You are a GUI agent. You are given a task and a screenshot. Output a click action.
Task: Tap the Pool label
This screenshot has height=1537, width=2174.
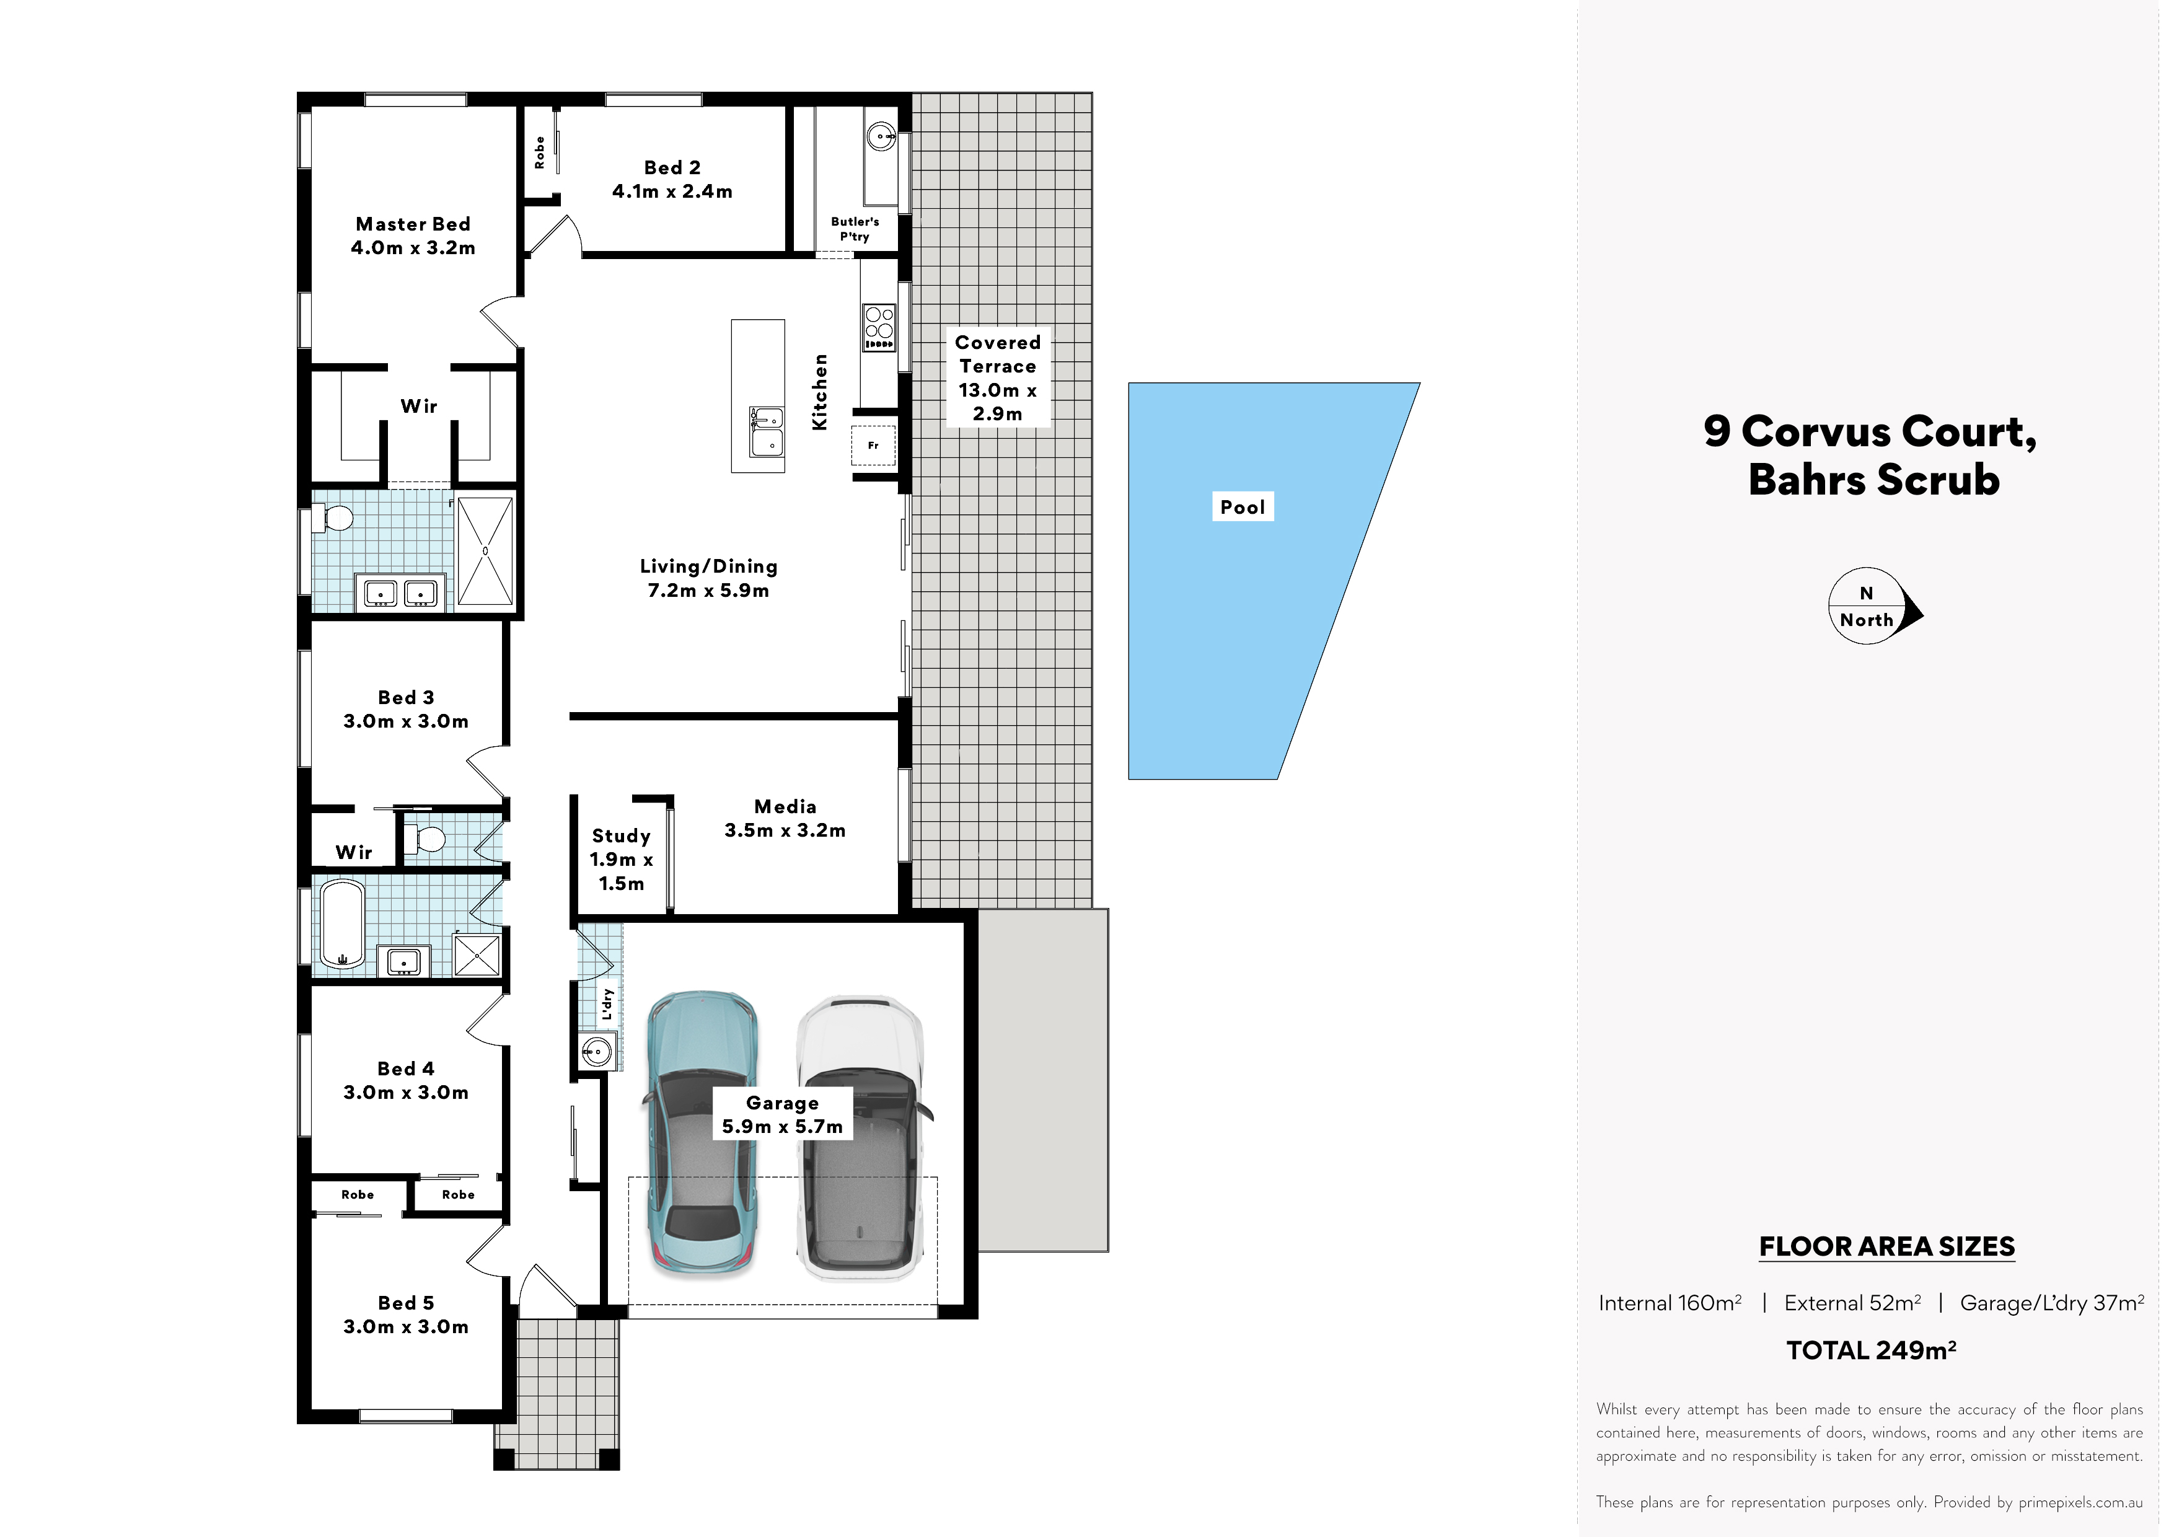(1243, 506)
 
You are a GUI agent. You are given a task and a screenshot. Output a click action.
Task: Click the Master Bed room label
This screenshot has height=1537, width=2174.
(413, 236)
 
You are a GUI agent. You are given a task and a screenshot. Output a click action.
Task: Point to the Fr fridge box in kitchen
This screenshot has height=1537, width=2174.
(873, 445)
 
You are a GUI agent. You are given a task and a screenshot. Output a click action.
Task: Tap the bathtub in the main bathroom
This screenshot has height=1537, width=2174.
(342, 923)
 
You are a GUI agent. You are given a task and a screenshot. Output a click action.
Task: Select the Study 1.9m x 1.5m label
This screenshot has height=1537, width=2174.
(621, 859)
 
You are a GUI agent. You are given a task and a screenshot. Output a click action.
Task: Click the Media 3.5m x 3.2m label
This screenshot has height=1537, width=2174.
(785, 818)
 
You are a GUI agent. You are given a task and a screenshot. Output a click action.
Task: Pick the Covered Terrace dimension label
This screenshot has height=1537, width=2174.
(997, 378)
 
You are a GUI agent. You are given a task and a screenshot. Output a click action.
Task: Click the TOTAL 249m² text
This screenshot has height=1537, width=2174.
(1871, 1350)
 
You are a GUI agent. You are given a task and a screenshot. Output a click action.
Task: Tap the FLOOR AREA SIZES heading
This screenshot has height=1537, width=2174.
(1886, 1246)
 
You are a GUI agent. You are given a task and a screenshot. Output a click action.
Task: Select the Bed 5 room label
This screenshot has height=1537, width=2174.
(406, 1315)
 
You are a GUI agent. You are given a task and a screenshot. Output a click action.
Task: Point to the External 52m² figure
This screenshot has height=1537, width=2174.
(1852, 1303)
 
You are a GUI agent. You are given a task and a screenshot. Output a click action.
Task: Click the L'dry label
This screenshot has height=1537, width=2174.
(607, 1004)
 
